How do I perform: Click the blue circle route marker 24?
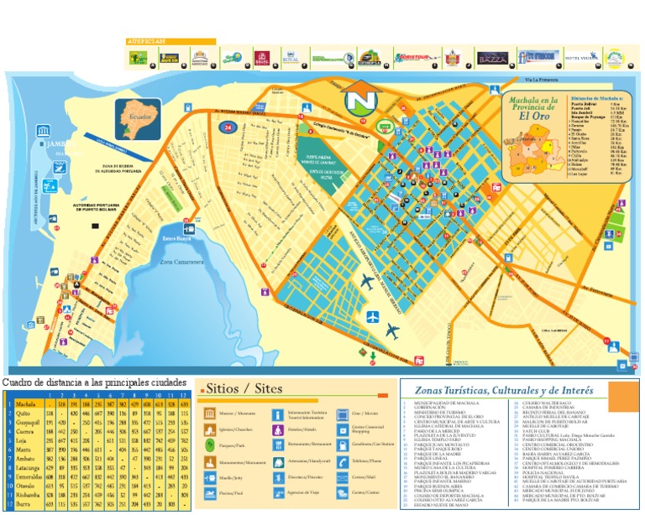228,127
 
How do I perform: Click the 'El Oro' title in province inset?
535,117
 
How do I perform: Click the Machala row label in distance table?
25,404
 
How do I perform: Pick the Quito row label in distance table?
23,414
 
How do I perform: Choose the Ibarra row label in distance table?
24,505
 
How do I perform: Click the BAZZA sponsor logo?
492,59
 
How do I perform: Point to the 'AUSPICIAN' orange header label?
147,41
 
